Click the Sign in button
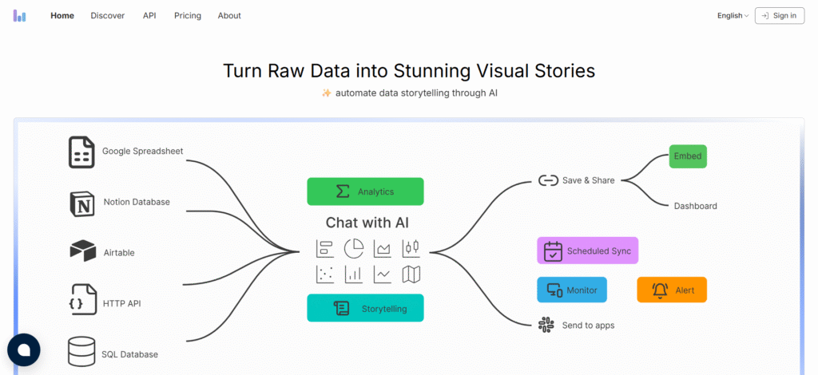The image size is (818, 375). (779, 15)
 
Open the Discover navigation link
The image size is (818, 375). (108, 15)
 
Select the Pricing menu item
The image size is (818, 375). (188, 15)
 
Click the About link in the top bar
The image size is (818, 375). (229, 15)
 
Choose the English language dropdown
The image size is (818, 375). (733, 15)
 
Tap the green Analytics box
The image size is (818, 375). (365, 191)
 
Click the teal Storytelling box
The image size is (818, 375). (365, 308)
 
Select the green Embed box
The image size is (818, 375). (688, 156)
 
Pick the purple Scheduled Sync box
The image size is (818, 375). (587, 251)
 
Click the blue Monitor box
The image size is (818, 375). (571, 290)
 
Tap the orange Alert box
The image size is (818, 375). (672, 290)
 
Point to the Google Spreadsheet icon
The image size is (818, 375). (81, 152)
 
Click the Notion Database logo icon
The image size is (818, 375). (82, 203)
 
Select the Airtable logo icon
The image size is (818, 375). (82, 252)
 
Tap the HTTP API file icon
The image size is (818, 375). (82, 302)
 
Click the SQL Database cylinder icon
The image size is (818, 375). (81, 352)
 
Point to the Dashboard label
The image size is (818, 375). (695, 206)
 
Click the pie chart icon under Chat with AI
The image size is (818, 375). (353, 248)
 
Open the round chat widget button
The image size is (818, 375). (24, 349)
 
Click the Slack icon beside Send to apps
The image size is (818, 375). (546, 325)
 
